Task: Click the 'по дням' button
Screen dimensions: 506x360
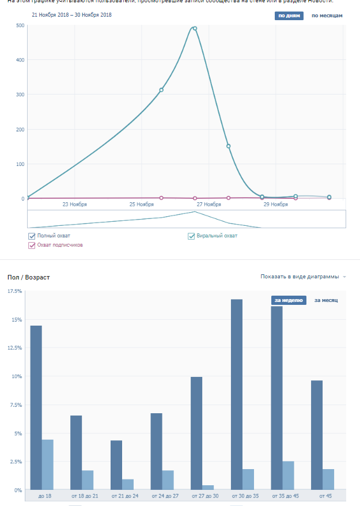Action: pyautogui.click(x=289, y=16)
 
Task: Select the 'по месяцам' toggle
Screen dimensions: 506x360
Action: pyautogui.click(x=327, y=16)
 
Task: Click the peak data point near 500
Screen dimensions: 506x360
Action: pyautogui.click(x=195, y=28)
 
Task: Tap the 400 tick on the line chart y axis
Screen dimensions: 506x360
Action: pyautogui.click(x=20, y=60)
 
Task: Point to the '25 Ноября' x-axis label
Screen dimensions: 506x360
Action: pyautogui.click(x=142, y=205)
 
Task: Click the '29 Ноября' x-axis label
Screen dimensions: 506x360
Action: pyautogui.click(x=276, y=205)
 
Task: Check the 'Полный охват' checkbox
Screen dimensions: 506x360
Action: pyautogui.click(x=32, y=236)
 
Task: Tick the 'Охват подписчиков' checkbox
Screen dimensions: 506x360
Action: pyautogui.click(x=32, y=245)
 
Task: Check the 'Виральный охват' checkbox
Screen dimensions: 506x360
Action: pyautogui.click(x=192, y=236)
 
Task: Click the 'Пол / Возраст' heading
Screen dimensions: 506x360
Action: pyautogui.click(x=28, y=278)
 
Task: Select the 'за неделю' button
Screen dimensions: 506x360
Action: pyautogui.click(x=288, y=300)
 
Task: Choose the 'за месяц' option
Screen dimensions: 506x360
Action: pyautogui.click(x=325, y=300)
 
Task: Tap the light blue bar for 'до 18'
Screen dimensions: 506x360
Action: pyautogui.click(x=47, y=465)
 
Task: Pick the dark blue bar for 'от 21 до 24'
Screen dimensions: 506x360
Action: pyautogui.click(x=116, y=465)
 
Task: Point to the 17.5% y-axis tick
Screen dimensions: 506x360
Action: pyautogui.click(x=15, y=292)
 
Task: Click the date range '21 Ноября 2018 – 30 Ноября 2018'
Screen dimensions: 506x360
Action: pyautogui.click(x=71, y=14)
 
